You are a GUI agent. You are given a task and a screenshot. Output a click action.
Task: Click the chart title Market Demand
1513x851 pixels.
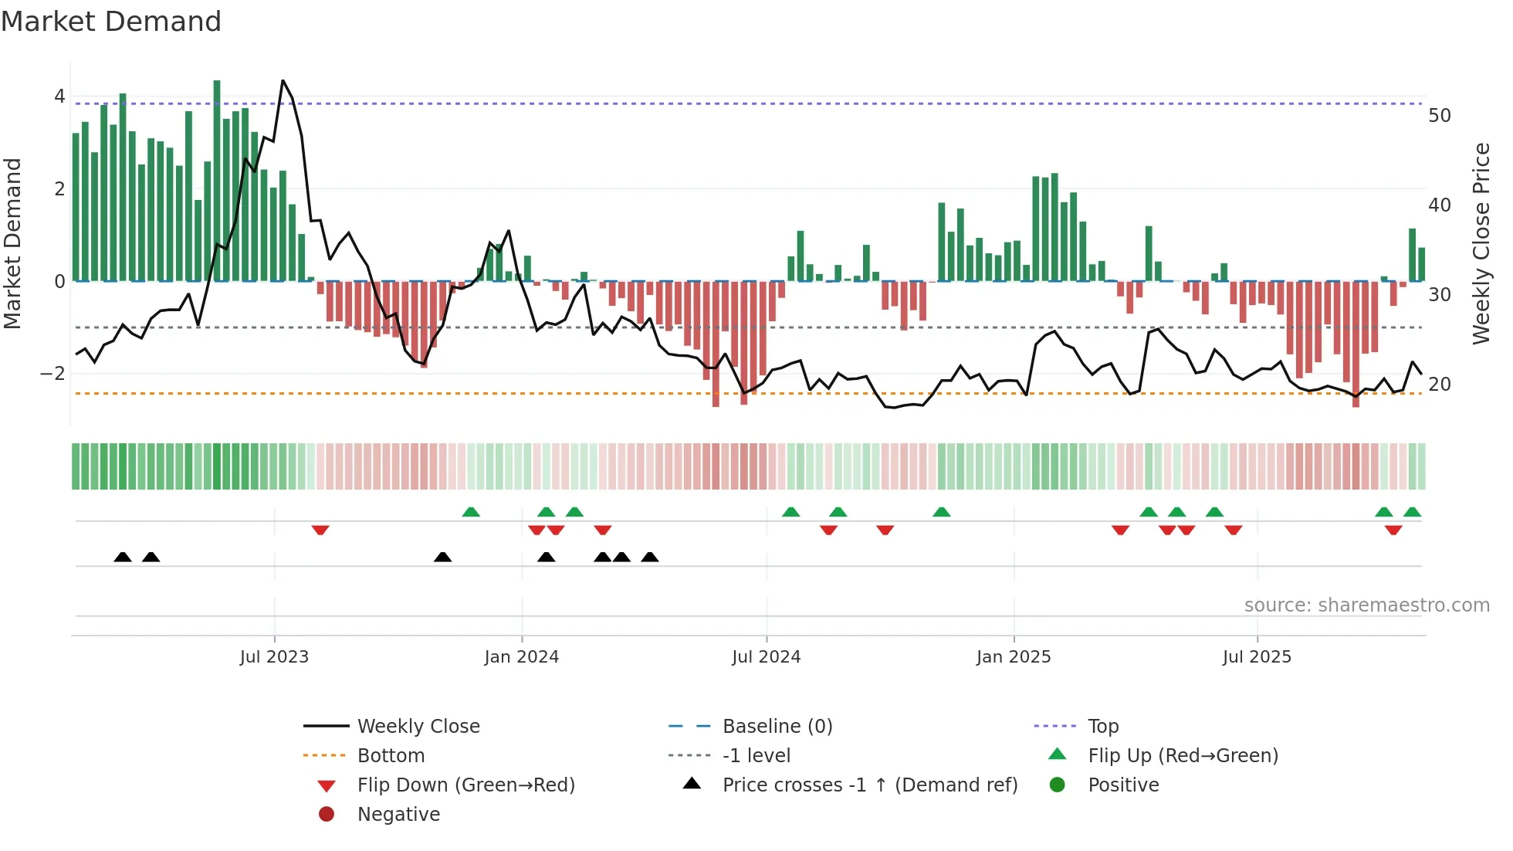(111, 22)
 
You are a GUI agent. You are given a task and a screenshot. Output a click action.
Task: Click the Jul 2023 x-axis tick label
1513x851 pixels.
(274, 657)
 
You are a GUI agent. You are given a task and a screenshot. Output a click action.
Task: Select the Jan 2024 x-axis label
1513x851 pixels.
(521, 657)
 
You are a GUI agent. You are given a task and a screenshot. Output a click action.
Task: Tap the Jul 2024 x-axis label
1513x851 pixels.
(766, 657)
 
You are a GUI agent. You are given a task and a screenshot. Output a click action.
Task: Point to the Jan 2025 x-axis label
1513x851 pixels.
(1013, 657)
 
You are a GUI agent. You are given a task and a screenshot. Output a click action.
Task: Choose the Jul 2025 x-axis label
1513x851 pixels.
(1257, 657)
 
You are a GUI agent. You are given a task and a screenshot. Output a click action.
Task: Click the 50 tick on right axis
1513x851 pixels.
(1440, 116)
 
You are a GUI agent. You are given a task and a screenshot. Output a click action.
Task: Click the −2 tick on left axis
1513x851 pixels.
(52, 374)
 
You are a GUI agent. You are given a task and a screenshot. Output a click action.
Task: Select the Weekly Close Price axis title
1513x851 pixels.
(1481, 243)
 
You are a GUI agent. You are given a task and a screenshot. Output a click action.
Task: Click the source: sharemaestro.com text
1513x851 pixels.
(1366, 605)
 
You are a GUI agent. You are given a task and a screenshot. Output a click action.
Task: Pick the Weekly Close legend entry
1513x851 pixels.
(418, 727)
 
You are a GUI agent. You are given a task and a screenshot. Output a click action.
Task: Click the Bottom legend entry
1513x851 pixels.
(391, 756)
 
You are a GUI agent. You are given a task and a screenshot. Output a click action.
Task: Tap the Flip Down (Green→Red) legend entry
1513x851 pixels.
(465, 785)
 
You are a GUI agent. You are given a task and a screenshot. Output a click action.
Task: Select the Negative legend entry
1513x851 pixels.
(398, 815)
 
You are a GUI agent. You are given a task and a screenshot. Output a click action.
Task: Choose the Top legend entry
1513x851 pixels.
(1103, 727)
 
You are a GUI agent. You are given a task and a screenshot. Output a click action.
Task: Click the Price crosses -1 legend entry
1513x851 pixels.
(869, 785)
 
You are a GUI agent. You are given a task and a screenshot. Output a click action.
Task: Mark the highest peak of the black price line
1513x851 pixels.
(283, 81)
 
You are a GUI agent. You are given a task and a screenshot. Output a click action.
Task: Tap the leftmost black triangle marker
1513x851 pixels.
(123, 557)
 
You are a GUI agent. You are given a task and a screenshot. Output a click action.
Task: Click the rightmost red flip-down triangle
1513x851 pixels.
(1393, 530)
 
